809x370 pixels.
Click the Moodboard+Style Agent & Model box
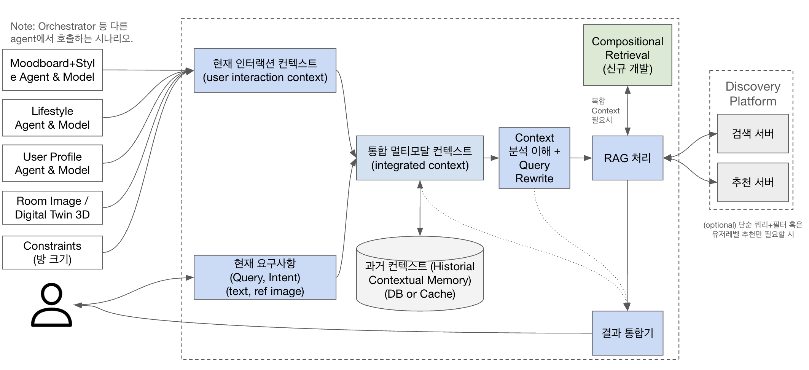pyautogui.click(x=52, y=70)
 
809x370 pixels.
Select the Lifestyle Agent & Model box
pyautogui.click(x=52, y=118)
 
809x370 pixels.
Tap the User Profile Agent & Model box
pyautogui.click(x=52, y=163)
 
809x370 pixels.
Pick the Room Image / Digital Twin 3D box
pyautogui.click(x=52, y=208)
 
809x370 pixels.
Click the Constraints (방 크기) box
pyautogui.click(x=52, y=252)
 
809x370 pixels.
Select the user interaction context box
pyautogui.click(x=265, y=70)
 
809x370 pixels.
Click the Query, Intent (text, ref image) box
pyautogui.click(x=265, y=277)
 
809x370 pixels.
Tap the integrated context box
pyautogui.click(x=420, y=158)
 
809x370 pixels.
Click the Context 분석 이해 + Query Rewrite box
pyautogui.click(x=534, y=158)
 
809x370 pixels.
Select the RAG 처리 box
pyautogui.click(x=627, y=158)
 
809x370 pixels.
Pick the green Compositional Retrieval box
pyautogui.click(x=627, y=55)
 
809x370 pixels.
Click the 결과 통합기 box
pyautogui.click(x=627, y=333)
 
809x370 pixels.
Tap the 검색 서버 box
pyautogui.click(x=753, y=134)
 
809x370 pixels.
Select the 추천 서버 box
pyautogui.click(x=753, y=182)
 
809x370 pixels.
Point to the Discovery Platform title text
pyautogui.click(x=753, y=94)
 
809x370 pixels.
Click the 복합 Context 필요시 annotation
pyautogui.click(x=605, y=110)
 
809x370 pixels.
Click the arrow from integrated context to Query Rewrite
pyautogui.click(x=491, y=158)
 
